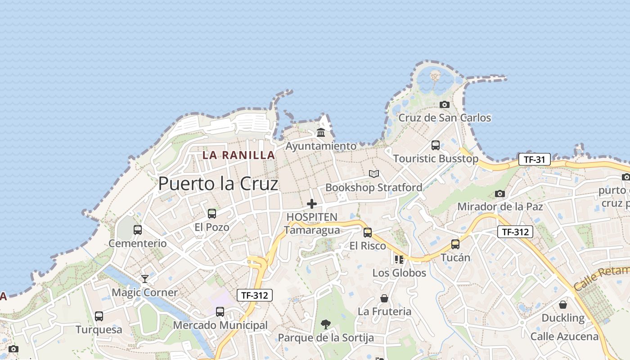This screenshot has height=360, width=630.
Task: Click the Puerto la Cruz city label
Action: (218, 184)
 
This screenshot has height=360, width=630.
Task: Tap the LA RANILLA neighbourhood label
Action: (238, 155)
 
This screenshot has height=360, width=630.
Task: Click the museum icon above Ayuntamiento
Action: (321, 133)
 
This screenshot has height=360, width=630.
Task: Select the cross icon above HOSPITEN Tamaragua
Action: (312, 204)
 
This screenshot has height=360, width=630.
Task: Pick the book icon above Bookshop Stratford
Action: (373, 174)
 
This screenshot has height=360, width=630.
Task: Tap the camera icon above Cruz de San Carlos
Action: (445, 104)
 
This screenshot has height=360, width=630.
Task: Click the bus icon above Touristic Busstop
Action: (436, 145)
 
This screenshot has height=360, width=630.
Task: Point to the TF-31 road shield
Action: (534, 159)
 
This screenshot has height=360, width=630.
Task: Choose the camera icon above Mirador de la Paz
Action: (499, 193)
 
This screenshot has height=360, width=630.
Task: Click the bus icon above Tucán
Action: (455, 244)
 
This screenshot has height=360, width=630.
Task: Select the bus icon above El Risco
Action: (368, 233)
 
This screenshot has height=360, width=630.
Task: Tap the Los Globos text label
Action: (399, 273)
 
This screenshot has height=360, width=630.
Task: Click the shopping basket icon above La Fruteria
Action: (384, 298)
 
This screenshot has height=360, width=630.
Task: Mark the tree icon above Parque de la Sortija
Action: (325, 324)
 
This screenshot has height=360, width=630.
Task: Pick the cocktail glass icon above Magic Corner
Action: (144, 279)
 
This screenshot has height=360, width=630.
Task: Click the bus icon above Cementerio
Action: (138, 230)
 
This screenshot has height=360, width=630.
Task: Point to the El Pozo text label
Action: (212, 227)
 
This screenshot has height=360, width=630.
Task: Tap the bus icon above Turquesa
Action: (99, 316)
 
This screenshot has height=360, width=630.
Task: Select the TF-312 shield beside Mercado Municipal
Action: (255, 295)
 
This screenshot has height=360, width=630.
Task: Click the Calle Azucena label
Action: (564, 336)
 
